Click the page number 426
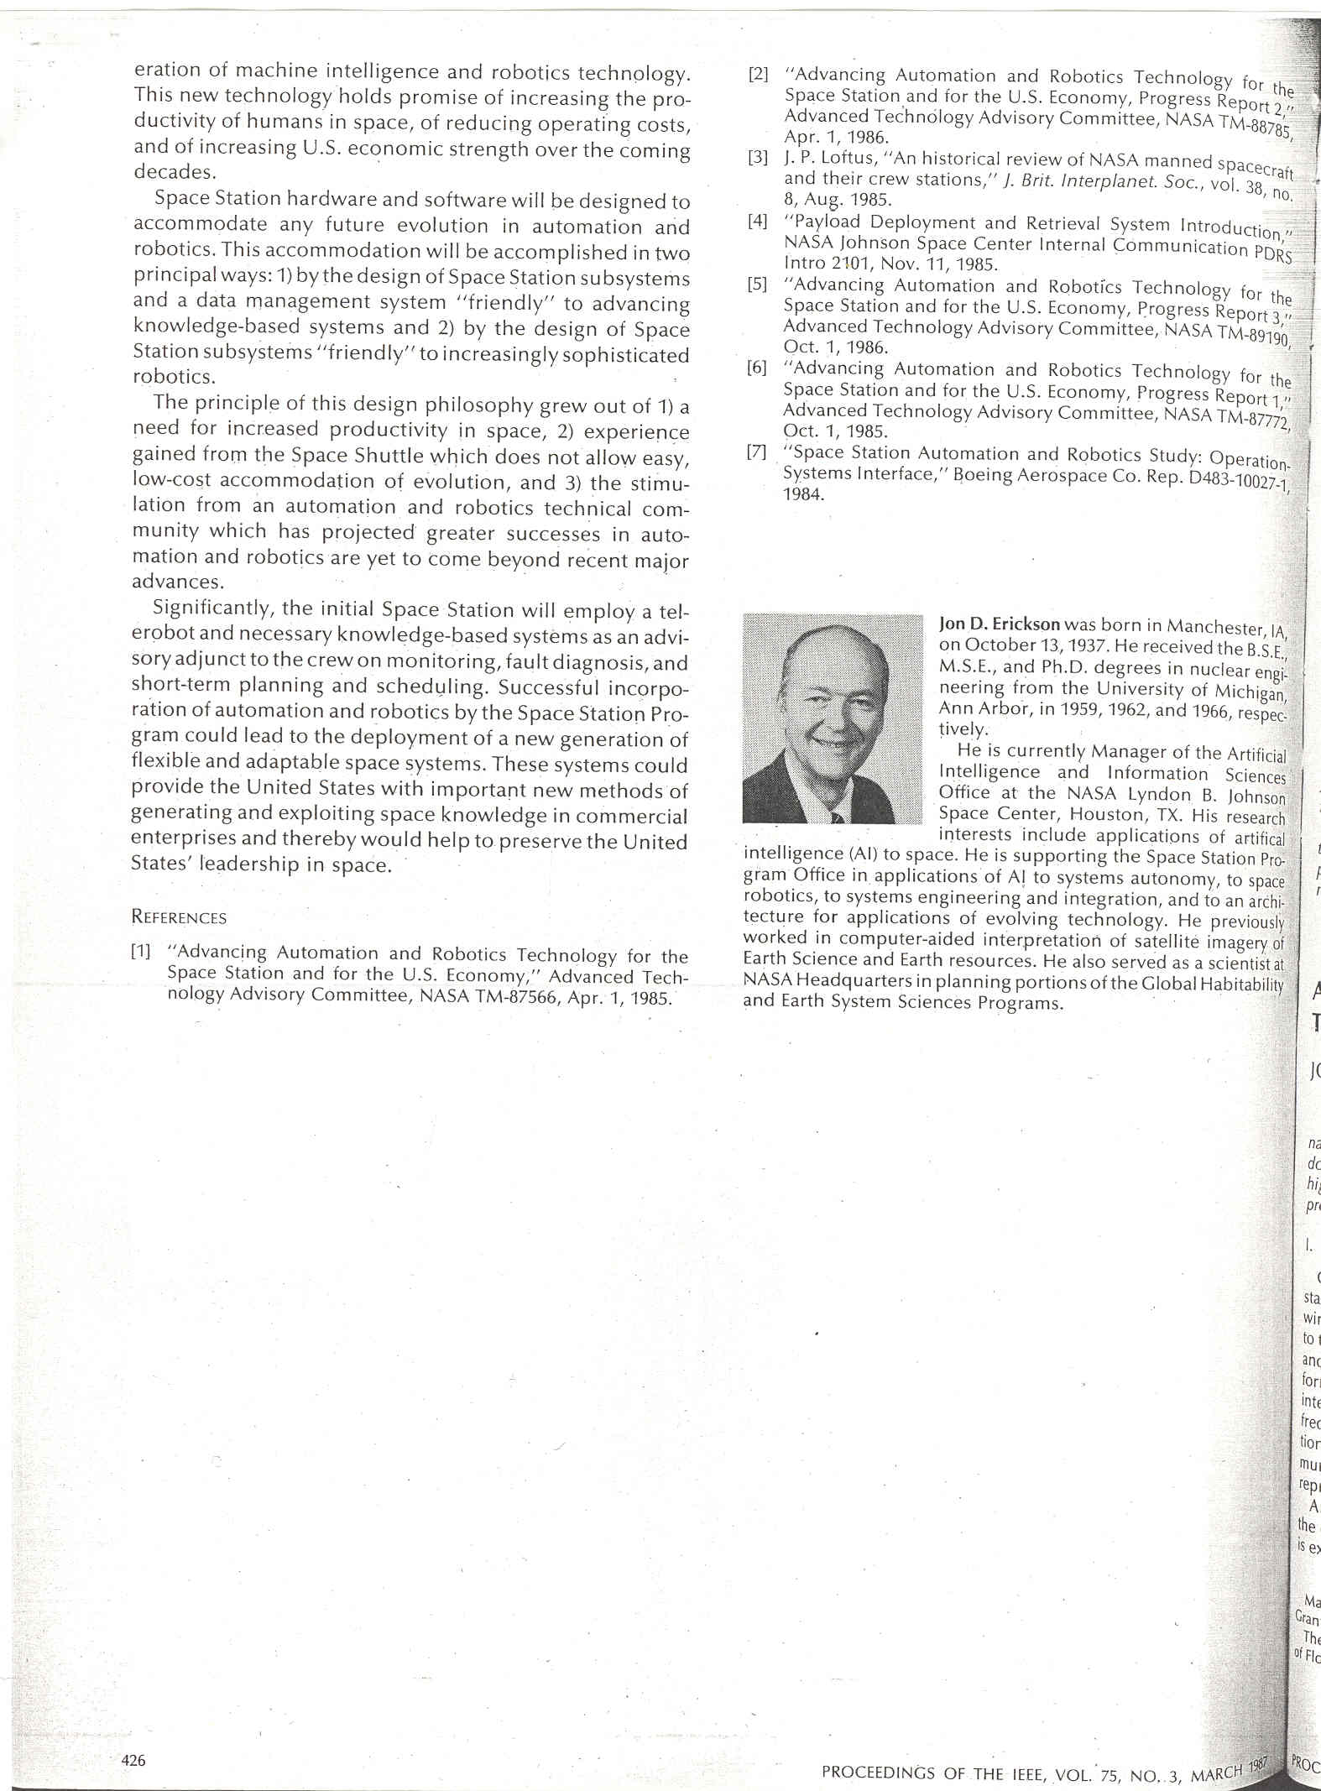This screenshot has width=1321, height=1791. point(133,1760)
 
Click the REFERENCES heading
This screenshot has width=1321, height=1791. point(179,917)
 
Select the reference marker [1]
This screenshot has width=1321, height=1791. point(140,951)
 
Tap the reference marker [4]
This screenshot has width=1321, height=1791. point(758,222)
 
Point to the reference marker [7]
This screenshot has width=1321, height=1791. point(757,452)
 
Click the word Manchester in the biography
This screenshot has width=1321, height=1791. point(1215,627)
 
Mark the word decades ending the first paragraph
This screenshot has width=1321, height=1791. point(173,171)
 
